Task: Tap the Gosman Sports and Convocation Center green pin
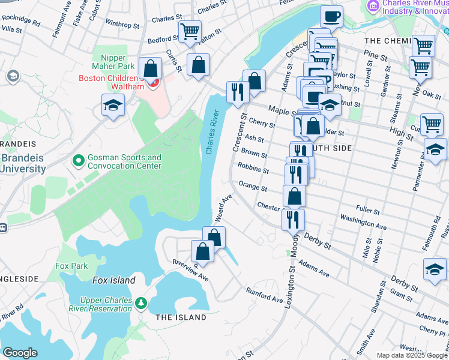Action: point(77,161)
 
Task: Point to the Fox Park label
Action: point(71,266)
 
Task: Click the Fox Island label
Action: point(113,280)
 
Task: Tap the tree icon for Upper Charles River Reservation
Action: point(141,304)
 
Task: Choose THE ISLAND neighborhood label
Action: point(173,317)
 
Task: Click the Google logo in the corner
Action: point(20,353)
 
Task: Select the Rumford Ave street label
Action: point(264,295)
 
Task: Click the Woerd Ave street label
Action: point(223,208)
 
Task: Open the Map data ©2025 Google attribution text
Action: point(412,355)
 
